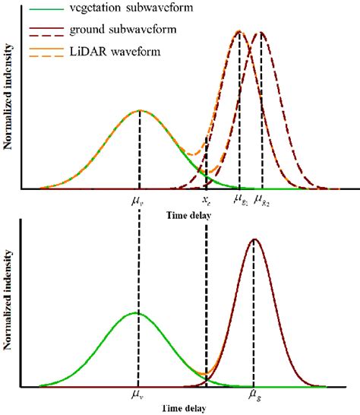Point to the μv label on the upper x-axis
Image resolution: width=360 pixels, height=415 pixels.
coord(138,201)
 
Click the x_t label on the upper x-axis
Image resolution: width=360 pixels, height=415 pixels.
coord(206,201)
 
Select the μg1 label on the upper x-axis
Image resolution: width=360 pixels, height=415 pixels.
coord(239,201)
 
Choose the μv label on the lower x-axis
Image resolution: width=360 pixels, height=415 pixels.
coord(137,395)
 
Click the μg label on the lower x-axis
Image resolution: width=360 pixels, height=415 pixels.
coord(254,395)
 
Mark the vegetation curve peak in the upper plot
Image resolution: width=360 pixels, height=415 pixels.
coord(139,110)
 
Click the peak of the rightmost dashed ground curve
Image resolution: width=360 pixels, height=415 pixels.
coord(261,32)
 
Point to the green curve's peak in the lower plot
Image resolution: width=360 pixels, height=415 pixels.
coord(137,312)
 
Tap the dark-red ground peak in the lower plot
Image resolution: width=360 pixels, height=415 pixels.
coord(254,239)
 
